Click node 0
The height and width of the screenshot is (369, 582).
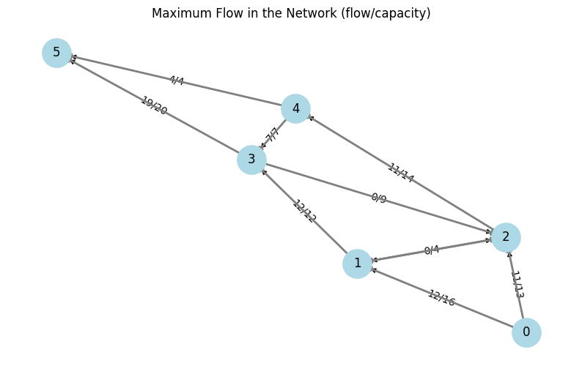[x=526, y=332]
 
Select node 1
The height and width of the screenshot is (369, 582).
[x=357, y=264]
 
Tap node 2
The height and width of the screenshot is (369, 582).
[x=505, y=236]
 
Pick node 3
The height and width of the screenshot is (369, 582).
[x=251, y=160]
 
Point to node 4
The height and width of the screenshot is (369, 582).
[x=295, y=108]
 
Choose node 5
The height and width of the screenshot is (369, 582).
[x=56, y=53]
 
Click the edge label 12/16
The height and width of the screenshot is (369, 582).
[x=441, y=298]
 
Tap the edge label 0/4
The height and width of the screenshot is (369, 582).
[x=432, y=250]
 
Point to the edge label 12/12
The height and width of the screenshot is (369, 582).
[x=304, y=212]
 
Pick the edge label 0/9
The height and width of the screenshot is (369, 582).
[x=378, y=198]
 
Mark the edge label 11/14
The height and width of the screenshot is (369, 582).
[x=400, y=173]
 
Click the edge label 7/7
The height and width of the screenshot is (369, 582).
[x=272, y=135]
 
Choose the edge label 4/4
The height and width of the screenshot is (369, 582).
[x=176, y=81]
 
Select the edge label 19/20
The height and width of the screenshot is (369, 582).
[x=154, y=106]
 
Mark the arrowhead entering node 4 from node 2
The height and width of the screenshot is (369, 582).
[x=311, y=117]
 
